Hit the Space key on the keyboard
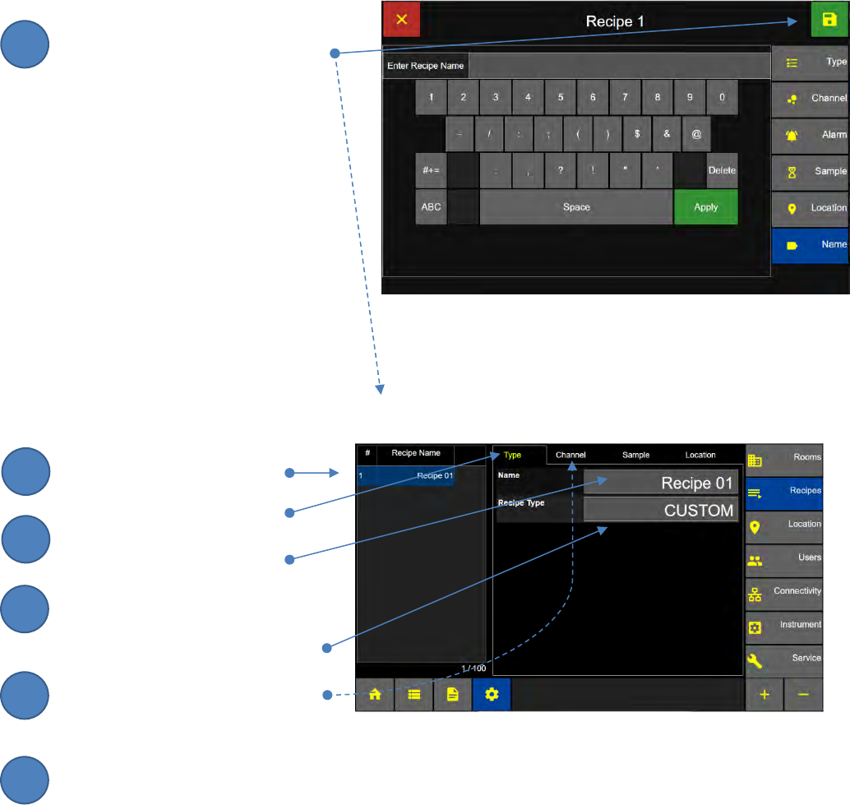(x=576, y=207)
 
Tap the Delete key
(x=722, y=170)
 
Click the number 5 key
(x=561, y=97)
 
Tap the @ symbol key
(x=696, y=133)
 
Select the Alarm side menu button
(x=810, y=134)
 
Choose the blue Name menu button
(x=810, y=245)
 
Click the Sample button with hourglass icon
(x=810, y=171)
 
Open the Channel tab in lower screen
(x=571, y=455)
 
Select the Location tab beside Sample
(x=700, y=455)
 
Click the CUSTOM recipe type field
(x=661, y=511)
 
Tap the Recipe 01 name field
(x=661, y=483)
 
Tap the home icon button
(x=375, y=694)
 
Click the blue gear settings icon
(x=492, y=694)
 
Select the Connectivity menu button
(x=785, y=592)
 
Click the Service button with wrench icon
(x=785, y=659)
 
